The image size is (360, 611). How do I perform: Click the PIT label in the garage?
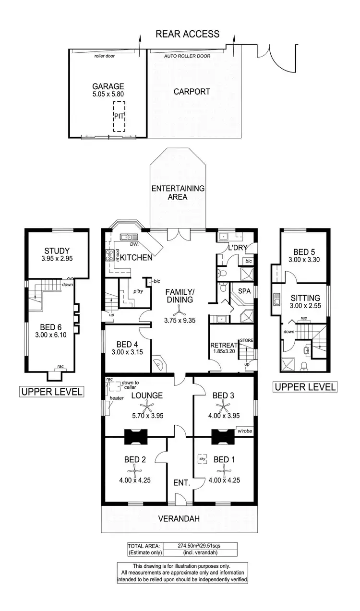click(x=118, y=116)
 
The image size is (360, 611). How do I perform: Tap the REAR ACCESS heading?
click(x=187, y=34)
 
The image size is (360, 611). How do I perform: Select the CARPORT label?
click(x=192, y=91)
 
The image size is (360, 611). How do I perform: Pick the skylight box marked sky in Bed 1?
click(x=202, y=459)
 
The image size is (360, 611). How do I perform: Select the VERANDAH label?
click(x=179, y=519)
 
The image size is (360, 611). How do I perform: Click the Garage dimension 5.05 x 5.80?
click(x=108, y=95)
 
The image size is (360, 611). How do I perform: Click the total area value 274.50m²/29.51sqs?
click(x=200, y=546)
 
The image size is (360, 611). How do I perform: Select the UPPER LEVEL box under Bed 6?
click(x=51, y=392)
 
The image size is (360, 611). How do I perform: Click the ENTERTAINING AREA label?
click(x=178, y=192)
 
